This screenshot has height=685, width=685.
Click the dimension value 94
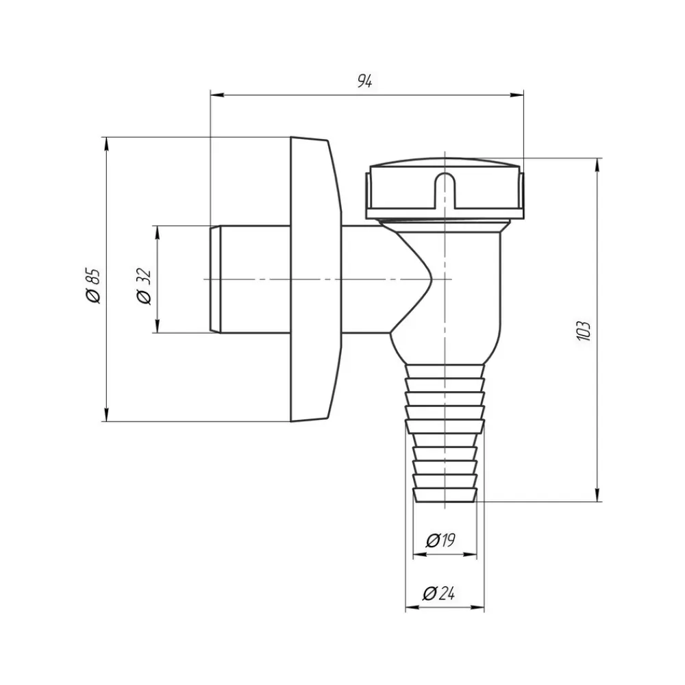pyautogui.click(x=365, y=81)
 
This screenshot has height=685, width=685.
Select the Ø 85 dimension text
pyautogui.click(x=93, y=286)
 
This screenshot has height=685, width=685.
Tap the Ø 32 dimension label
pyautogui.click(x=144, y=286)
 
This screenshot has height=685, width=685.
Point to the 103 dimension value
pyautogui.click(x=584, y=331)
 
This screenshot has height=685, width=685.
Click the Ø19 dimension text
pyautogui.click(x=440, y=540)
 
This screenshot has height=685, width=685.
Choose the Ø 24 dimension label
pyautogui.click(x=439, y=593)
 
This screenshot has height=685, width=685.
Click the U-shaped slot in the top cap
pyautogui.click(x=445, y=191)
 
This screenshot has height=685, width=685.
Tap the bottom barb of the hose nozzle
pyautogui.click(x=445, y=496)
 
